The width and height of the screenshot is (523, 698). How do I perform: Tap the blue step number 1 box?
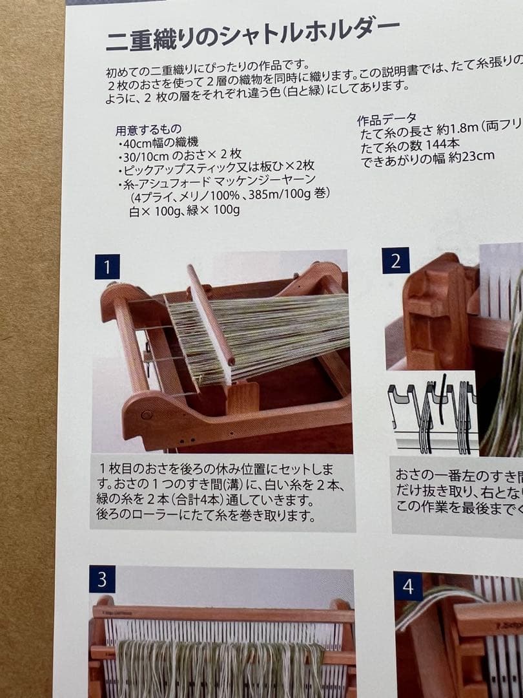coord(107,266)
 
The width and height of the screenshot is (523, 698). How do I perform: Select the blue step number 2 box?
coord(396,261)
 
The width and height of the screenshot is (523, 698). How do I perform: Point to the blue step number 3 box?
coord(102,579)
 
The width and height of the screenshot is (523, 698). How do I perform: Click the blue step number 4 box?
coord(408,586)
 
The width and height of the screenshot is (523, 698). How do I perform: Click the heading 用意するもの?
coord(148,129)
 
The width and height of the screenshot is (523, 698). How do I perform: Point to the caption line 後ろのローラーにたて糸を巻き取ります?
coord(207,516)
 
